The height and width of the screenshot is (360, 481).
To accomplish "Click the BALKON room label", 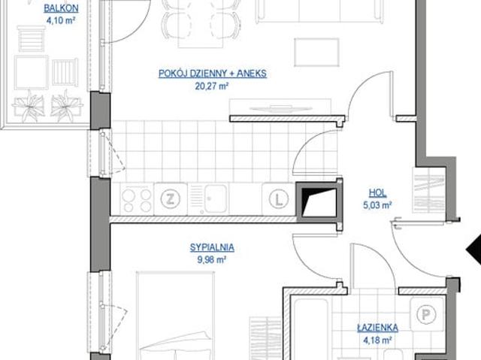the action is (61, 8).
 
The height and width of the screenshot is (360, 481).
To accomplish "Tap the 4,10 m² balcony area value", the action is (61, 20).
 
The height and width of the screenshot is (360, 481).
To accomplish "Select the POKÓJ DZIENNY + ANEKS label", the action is (213, 74).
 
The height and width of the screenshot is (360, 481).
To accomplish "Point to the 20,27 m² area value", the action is (212, 86).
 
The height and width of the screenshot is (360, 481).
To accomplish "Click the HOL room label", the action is (377, 193).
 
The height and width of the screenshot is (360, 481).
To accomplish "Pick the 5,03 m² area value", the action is (377, 205).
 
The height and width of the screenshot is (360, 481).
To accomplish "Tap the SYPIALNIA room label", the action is (212, 247).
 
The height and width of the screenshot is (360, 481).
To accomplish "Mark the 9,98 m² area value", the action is (212, 260).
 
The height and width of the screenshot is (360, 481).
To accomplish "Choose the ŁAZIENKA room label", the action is (377, 328).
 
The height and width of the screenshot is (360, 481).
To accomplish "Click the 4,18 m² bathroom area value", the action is (377, 340).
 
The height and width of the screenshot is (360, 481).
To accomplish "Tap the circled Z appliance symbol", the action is (171, 199).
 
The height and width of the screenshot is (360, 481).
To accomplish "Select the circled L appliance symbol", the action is (279, 199).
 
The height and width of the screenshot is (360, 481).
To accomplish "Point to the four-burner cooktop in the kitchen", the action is (137, 199).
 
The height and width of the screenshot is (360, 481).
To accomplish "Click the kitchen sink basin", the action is (216, 198).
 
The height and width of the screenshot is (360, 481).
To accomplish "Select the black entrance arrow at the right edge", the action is (473, 250).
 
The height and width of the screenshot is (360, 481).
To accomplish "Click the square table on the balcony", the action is (31, 72).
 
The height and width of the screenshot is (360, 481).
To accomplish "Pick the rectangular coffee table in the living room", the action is (316, 52).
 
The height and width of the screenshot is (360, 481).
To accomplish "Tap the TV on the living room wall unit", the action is (280, 108).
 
